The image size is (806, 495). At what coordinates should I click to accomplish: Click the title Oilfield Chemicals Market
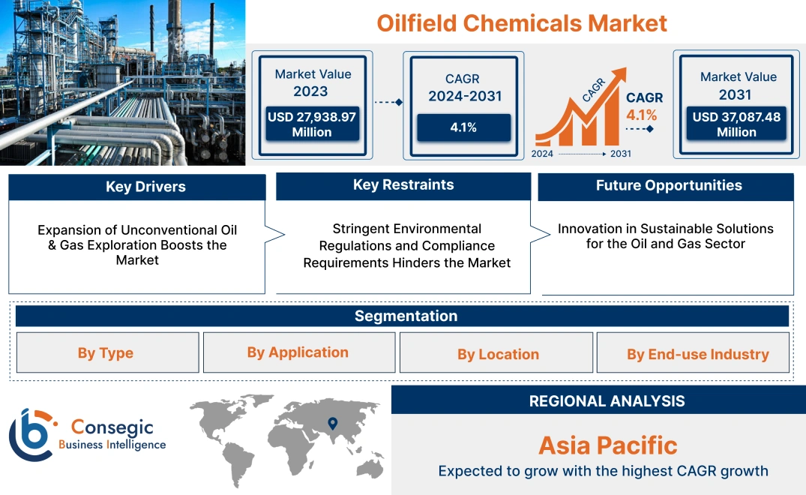tap(522, 22)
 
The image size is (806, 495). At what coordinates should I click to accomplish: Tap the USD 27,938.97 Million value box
tap(311, 124)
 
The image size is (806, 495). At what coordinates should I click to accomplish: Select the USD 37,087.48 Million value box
tap(736, 124)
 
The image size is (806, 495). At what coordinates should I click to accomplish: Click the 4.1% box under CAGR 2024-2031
tap(463, 127)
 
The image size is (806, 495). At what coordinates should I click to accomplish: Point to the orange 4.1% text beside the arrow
tap(642, 115)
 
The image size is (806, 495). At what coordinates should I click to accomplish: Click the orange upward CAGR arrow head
tap(619, 75)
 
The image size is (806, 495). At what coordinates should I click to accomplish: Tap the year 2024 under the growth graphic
tap(543, 154)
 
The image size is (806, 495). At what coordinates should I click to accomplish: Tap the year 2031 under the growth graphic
tap(621, 154)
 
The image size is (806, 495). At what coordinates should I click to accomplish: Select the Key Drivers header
tap(137, 187)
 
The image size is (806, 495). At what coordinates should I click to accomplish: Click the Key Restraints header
tap(403, 185)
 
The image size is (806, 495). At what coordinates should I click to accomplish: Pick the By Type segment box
tap(106, 353)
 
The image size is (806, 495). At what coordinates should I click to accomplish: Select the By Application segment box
tap(298, 352)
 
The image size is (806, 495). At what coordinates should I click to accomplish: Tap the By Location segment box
tap(498, 354)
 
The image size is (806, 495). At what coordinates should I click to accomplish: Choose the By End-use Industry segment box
tap(698, 354)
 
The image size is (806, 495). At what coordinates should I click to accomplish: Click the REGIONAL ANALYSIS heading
tap(607, 400)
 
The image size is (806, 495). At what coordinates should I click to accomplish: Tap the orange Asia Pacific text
tap(607, 445)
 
